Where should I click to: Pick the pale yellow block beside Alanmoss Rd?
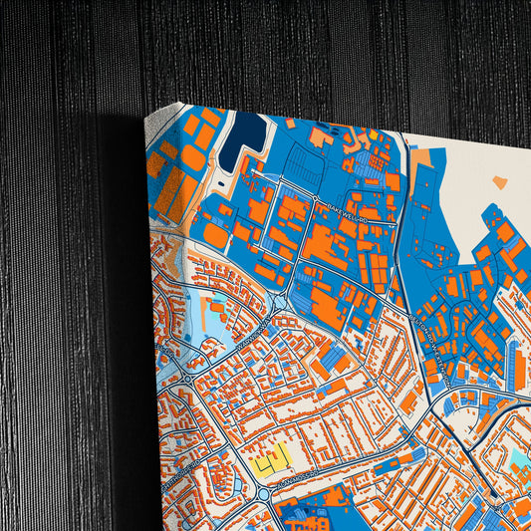pos(270,461)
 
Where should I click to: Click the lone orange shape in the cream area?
pos(499,183)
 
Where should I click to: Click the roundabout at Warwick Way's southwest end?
pos(186,379)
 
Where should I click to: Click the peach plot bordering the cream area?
pos(419,158)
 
